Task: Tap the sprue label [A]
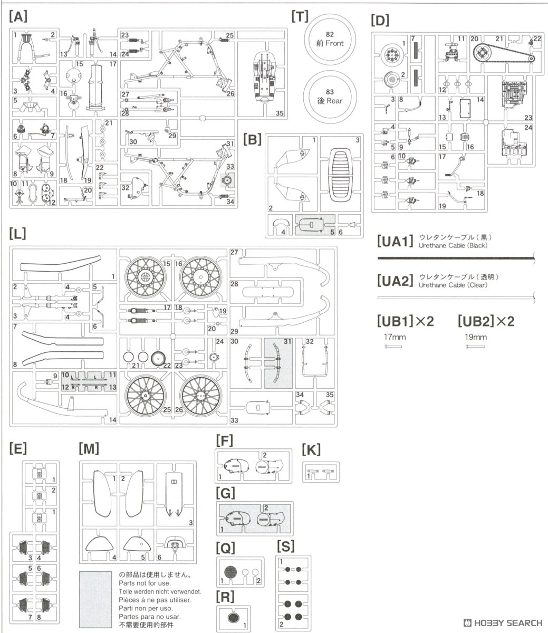pyautogui.click(x=18, y=16)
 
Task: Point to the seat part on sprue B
pyautogui.click(x=340, y=174)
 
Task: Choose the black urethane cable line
pyautogui.click(x=456, y=258)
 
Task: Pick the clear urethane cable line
pyautogui.click(x=456, y=298)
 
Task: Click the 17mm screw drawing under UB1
pyautogui.click(x=393, y=347)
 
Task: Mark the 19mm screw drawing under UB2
pyautogui.click(x=475, y=347)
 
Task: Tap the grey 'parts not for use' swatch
pyautogui.click(x=95, y=599)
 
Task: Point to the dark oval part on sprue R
pyautogui.click(x=233, y=617)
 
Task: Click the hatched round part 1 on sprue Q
pyautogui.click(x=230, y=572)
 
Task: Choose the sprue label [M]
pyautogui.click(x=89, y=449)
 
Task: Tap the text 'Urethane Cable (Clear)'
pyautogui.click(x=453, y=285)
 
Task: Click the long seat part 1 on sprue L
pyautogui.click(x=60, y=263)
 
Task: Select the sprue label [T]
pyautogui.click(x=300, y=16)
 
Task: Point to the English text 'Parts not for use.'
pyautogui.click(x=145, y=583)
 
